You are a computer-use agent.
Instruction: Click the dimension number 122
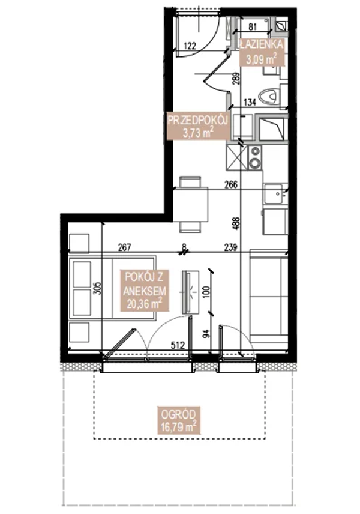190,44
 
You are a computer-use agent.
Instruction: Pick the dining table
190,204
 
